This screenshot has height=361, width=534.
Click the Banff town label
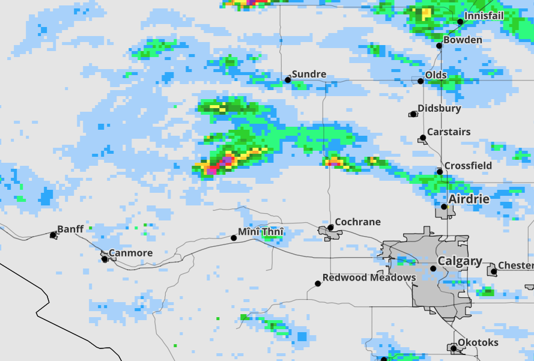[x=70, y=229]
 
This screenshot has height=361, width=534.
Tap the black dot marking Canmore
[x=105, y=259]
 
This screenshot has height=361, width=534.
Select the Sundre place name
[x=309, y=74]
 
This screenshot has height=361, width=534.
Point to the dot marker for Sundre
[x=288, y=79]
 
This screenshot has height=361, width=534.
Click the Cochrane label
[x=357, y=222]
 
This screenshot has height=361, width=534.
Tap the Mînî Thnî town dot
[x=234, y=238]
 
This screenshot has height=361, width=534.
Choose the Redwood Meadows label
[x=369, y=278]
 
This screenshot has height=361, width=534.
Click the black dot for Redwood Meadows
[x=318, y=284]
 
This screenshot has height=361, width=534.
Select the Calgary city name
[x=460, y=261]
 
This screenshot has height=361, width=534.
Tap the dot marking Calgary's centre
[x=433, y=268]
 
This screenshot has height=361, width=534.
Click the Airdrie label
[x=469, y=199]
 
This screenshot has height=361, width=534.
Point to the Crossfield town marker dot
[x=440, y=172]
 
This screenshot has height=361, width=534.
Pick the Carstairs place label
[x=449, y=132]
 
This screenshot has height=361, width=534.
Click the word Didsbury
[x=439, y=109]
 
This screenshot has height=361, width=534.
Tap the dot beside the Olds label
[x=420, y=81]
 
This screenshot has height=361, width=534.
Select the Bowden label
[x=463, y=40]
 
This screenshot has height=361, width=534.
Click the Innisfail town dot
[x=460, y=22]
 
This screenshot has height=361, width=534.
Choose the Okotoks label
[x=478, y=342]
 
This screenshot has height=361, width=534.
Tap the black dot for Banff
[x=53, y=235]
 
